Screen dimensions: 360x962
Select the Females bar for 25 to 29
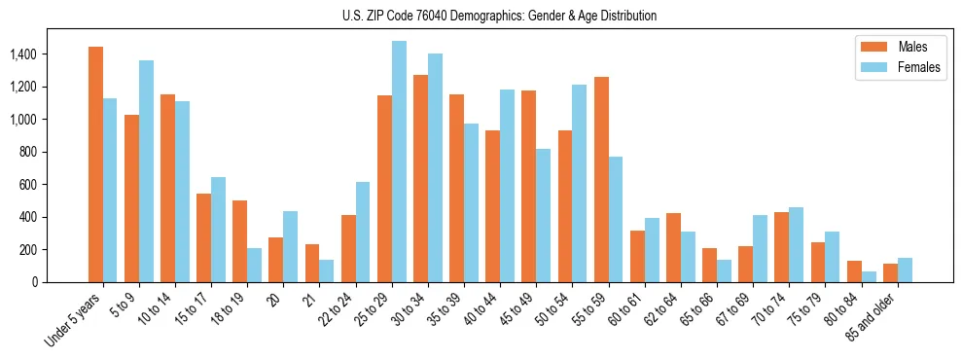tap(399, 162)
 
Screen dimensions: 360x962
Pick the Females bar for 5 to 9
tap(146, 171)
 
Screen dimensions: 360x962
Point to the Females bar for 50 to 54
tap(580, 184)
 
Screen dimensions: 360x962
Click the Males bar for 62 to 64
tap(673, 248)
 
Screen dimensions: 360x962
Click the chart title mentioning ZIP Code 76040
tap(499, 16)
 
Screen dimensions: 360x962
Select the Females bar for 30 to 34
tap(435, 168)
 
